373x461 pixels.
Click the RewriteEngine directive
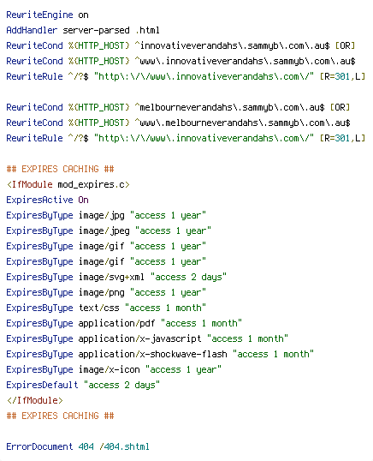coord(39,15)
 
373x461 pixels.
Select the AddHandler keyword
coord(32,30)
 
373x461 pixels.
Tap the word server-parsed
coord(96,30)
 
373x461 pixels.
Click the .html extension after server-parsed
coord(147,30)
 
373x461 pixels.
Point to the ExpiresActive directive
coord(39,200)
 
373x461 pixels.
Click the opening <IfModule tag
coord(30,184)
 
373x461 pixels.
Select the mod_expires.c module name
coord(93,184)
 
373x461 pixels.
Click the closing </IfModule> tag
coord(34,400)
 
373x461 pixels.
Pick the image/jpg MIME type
coord(102,216)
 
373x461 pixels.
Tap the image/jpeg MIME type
coord(104,230)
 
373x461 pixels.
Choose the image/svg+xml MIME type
coord(111,277)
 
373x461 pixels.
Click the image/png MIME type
coord(102,292)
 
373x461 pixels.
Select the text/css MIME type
coord(99,308)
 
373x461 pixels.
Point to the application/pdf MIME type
coord(117,323)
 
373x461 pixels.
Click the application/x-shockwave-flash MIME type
coord(152,354)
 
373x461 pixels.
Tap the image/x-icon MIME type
coord(110,369)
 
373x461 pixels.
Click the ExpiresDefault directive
coord(42,385)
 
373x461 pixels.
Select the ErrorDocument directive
coord(39,446)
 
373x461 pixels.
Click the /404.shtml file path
coord(124,446)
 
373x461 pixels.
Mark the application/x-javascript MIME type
coord(139,338)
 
